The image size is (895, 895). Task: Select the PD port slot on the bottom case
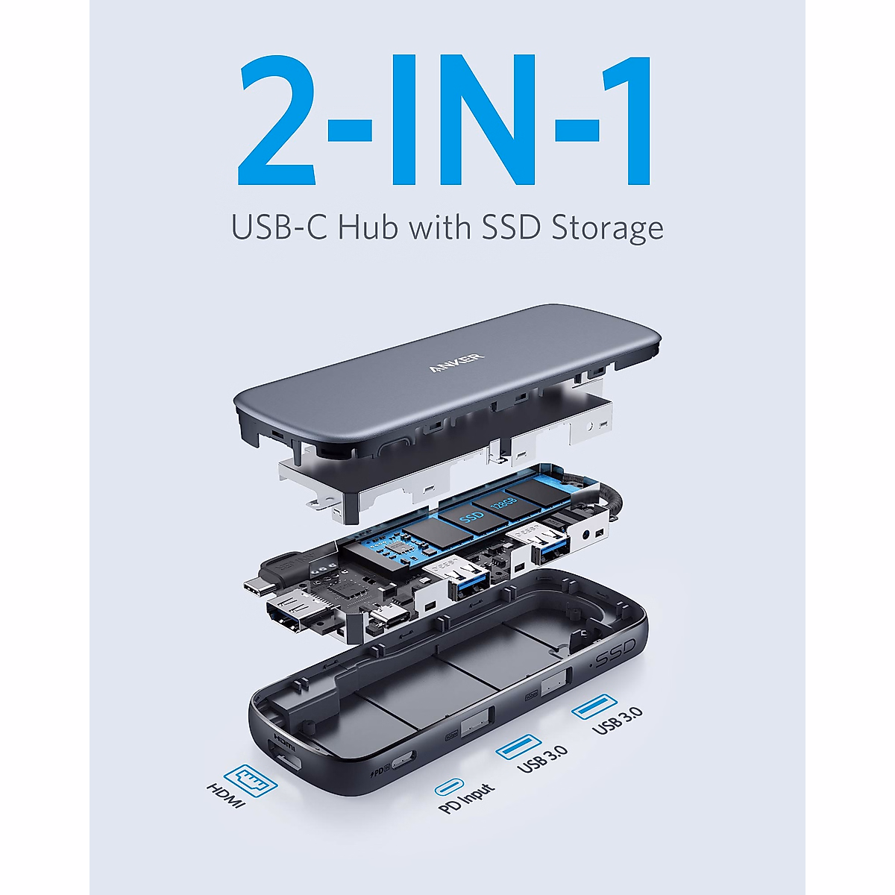[402, 760]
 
